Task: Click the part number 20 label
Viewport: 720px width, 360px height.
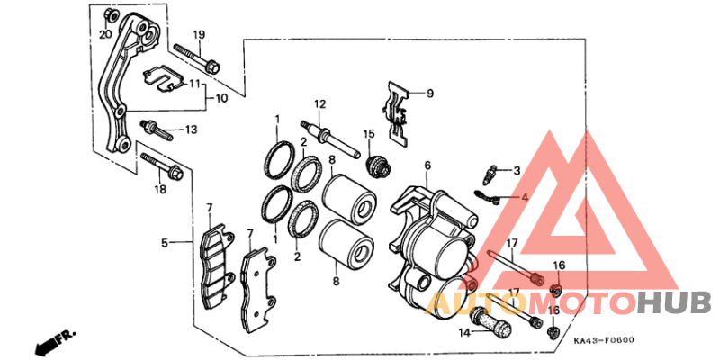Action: [105, 34]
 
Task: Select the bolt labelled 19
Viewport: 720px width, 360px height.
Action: [197, 60]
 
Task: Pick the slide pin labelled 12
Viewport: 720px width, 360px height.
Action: [330, 139]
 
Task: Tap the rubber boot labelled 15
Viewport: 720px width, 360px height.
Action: [379, 167]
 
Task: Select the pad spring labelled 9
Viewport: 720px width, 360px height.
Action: [398, 115]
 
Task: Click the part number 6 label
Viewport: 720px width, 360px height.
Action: [427, 166]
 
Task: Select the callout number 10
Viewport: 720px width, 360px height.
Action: [221, 98]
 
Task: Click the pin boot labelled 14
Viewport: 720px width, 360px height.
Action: [490, 321]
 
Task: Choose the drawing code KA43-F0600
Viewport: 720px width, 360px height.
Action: [604, 340]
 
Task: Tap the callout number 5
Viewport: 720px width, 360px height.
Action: [165, 242]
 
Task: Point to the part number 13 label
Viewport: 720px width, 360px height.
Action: [191, 130]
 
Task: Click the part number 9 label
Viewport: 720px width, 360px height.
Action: [430, 94]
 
